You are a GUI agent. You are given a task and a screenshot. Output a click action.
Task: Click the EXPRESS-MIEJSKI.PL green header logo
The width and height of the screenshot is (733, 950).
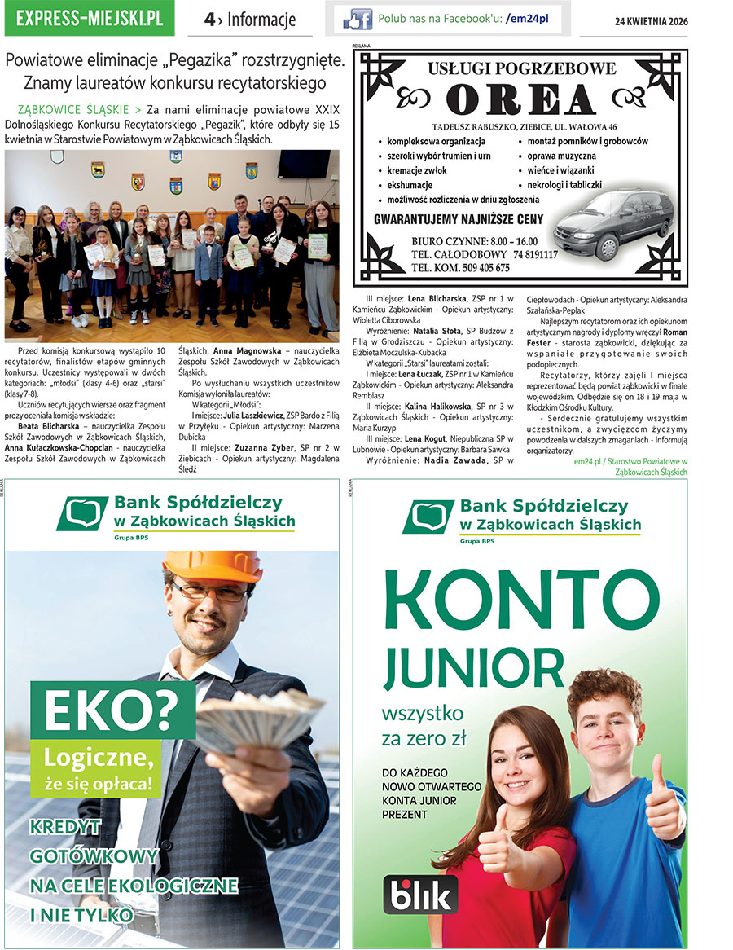tap(89, 18)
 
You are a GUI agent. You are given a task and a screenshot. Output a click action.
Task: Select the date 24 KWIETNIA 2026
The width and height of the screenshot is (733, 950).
tap(651, 21)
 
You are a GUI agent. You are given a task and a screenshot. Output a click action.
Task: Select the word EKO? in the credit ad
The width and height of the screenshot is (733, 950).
tap(112, 711)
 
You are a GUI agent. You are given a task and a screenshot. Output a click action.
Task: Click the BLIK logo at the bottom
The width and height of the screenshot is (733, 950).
tap(420, 894)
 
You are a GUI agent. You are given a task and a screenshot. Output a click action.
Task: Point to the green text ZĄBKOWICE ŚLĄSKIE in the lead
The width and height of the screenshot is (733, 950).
tap(73, 109)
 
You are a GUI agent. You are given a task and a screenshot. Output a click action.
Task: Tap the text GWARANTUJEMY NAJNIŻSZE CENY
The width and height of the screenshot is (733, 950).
tap(458, 219)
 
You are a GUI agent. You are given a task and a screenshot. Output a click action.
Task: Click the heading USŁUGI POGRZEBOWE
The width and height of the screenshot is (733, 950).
tap(522, 69)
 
